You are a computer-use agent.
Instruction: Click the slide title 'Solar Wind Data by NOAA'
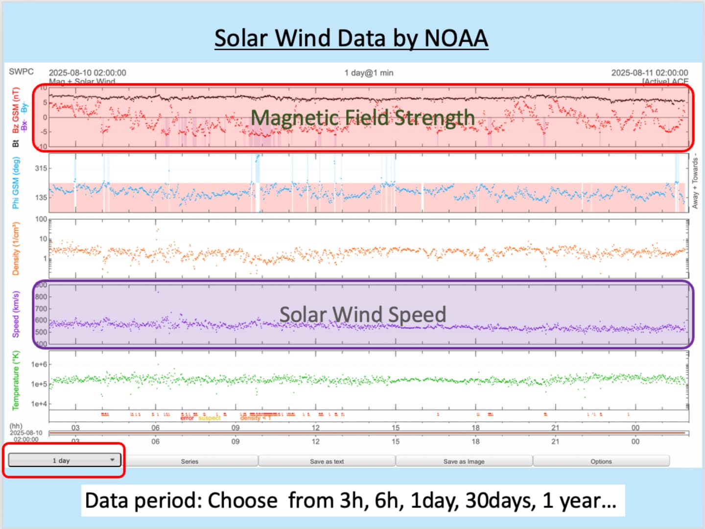click(x=351, y=38)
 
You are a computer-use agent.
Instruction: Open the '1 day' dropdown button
click(x=64, y=460)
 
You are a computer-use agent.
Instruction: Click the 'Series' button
click(x=189, y=461)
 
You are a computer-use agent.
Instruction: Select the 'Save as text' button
click(x=327, y=461)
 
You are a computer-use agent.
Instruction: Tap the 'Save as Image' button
click(x=464, y=461)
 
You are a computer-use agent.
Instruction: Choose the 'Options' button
click(x=601, y=461)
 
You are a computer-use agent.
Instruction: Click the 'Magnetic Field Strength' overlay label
click(x=363, y=118)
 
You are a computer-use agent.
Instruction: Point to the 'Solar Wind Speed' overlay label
click(x=363, y=314)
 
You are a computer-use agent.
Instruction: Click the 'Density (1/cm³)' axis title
click(x=16, y=248)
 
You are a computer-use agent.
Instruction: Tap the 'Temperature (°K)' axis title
click(x=16, y=380)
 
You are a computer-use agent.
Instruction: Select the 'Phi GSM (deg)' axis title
click(x=16, y=183)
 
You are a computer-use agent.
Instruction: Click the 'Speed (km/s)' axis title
click(x=16, y=314)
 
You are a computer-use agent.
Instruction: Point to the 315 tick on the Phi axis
click(x=41, y=168)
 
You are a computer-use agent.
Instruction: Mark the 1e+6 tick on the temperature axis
click(x=39, y=364)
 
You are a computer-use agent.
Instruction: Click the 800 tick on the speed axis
click(x=41, y=297)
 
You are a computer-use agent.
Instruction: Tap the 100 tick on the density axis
click(x=41, y=219)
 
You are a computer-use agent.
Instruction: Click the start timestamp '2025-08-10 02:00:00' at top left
click(x=87, y=72)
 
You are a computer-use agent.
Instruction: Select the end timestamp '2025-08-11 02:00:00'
click(x=649, y=72)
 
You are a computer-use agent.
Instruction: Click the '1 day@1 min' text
click(x=369, y=72)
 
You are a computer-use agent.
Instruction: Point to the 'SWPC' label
click(x=22, y=72)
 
